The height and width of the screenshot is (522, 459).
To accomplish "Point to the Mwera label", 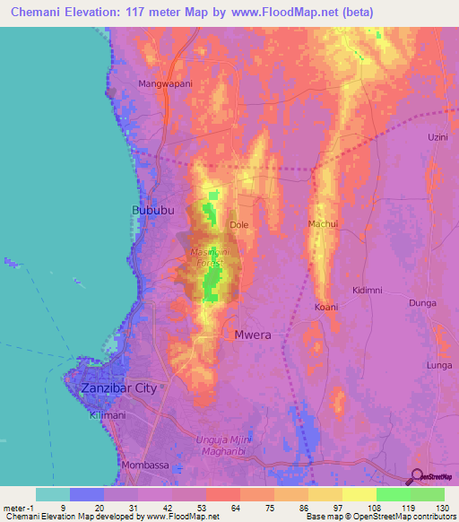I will point(253,335).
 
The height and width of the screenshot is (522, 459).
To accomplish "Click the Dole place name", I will point(238,225).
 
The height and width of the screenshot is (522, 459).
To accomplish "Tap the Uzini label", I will point(437,137).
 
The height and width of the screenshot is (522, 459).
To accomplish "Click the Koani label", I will point(325,308).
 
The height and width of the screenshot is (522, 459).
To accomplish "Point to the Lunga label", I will point(439,366).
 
